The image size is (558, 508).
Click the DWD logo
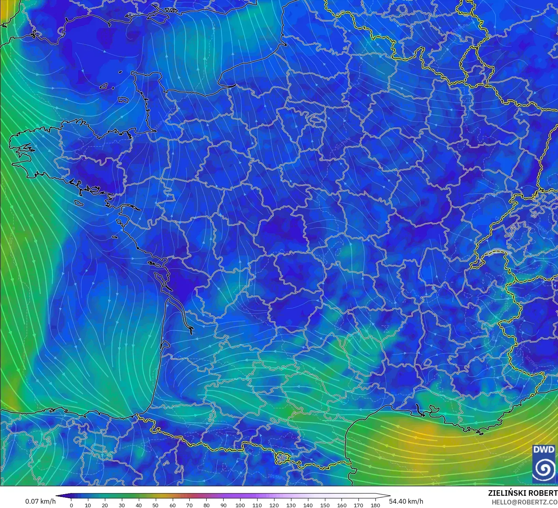543,464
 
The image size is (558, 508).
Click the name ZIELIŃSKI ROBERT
523,493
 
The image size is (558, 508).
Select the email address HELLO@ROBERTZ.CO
524,502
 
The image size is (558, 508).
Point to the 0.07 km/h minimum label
40,501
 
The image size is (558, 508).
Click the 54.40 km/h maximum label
406,501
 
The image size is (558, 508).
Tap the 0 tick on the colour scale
71,505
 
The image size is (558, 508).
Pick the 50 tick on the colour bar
156,505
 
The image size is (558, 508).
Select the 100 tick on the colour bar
240,505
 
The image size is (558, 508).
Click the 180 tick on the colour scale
375,505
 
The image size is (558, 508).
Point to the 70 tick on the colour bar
190,505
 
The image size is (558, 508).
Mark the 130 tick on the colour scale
291,505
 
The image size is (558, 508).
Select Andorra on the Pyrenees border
283,458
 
